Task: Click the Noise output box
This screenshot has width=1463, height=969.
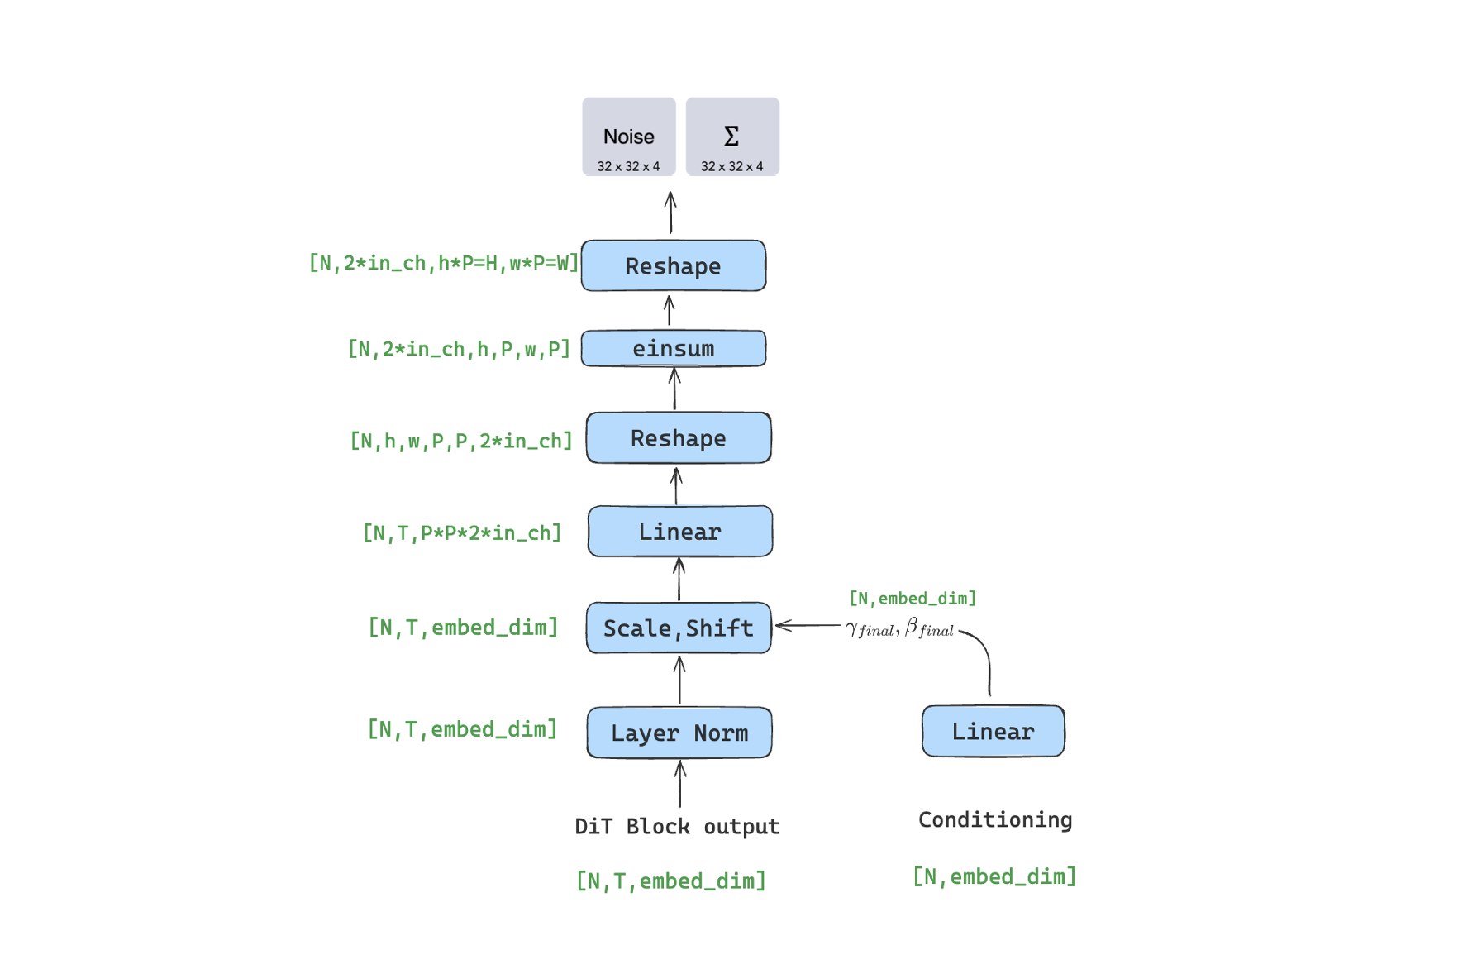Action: click(628, 137)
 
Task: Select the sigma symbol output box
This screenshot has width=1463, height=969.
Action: click(732, 137)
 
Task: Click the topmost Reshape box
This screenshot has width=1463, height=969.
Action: click(674, 266)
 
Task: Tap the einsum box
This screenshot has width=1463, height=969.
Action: click(674, 349)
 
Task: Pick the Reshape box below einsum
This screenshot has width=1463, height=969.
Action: click(679, 438)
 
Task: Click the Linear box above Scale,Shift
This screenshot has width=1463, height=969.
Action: click(680, 532)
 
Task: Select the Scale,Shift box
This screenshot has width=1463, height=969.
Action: click(679, 628)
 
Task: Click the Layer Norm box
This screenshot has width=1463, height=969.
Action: click(679, 733)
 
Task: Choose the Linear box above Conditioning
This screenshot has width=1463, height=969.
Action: click(993, 731)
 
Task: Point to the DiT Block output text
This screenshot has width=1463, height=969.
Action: click(677, 827)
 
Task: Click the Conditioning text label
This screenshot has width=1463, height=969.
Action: click(995, 819)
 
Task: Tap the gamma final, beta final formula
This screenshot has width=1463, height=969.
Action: click(900, 628)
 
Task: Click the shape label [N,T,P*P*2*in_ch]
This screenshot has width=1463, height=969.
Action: click(462, 533)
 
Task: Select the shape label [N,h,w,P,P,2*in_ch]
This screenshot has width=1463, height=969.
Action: click(461, 441)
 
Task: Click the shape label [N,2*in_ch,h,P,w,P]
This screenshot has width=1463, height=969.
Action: click(459, 349)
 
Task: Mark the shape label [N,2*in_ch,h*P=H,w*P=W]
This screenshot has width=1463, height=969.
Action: click(444, 263)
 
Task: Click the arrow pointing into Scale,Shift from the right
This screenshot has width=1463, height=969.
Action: click(808, 626)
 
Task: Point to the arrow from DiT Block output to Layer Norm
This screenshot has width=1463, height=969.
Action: click(680, 784)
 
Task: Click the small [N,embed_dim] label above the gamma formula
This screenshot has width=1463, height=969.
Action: click(913, 598)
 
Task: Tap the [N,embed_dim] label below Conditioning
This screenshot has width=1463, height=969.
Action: click(994, 876)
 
